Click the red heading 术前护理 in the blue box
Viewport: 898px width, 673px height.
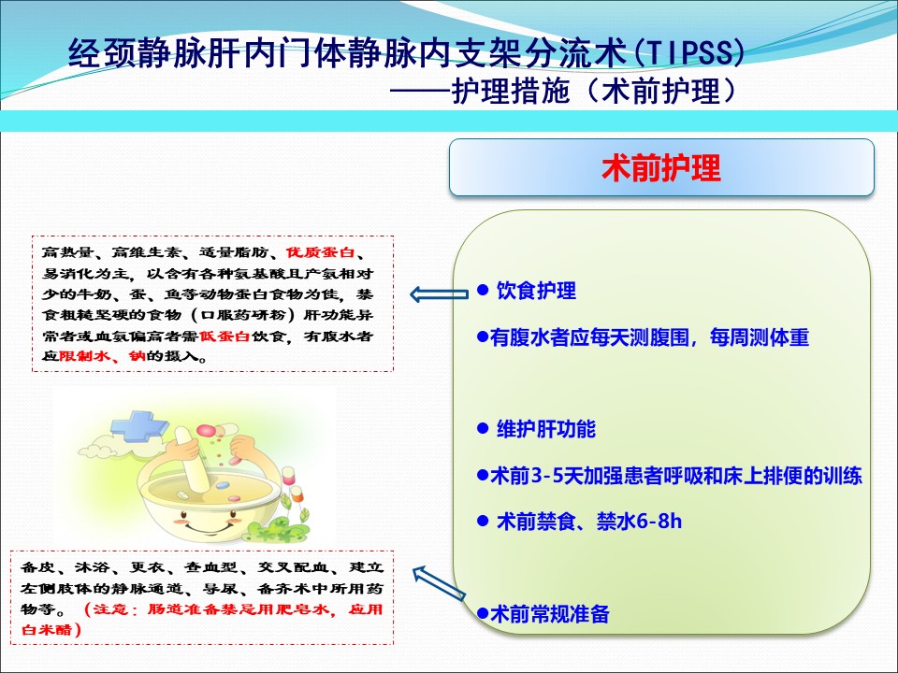click(x=661, y=168)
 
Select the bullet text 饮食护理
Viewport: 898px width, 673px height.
click(x=536, y=291)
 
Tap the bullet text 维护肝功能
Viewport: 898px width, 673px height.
click(x=545, y=429)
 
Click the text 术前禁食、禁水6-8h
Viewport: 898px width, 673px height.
click(x=589, y=522)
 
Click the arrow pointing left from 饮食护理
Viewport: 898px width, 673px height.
click(x=440, y=294)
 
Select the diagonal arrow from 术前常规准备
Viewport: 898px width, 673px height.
click(x=439, y=582)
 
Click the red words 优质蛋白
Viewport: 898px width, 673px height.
click(x=321, y=252)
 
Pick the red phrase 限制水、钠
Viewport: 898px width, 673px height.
click(x=103, y=356)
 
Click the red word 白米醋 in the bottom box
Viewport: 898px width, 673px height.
click(x=47, y=629)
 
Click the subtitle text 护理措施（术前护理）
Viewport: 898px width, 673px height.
click(x=593, y=92)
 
